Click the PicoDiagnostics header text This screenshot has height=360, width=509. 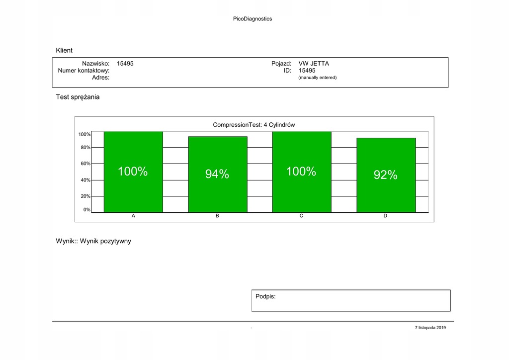[x=253, y=19]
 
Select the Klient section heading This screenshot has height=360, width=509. [x=64, y=50]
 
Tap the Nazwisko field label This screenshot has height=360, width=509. [x=95, y=64]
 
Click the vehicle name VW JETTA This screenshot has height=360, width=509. [x=314, y=64]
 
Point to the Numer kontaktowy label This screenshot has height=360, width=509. [x=84, y=71]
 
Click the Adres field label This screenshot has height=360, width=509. [x=101, y=78]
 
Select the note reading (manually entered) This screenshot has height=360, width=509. [x=317, y=78]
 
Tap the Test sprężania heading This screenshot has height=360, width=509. [x=78, y=97]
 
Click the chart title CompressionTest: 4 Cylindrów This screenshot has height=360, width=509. [x=254, y=125]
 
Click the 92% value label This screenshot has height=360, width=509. [x=386, y=175]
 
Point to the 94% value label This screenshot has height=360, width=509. [x=217, y=174]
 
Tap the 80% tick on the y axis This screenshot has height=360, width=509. [x=85, y=148]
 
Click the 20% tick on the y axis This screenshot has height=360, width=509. [x=85, y=196]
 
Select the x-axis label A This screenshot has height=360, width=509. [x=133, y=216]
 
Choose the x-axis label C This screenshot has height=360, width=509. [x=301, y=216]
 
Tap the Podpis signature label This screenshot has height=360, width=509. [x=265, y=296]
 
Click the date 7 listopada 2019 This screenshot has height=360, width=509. [x=430, y=328]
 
